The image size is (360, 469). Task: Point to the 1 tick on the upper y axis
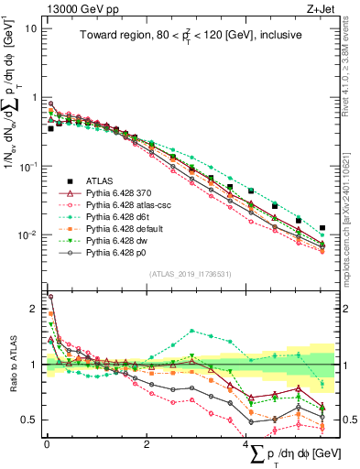point(33,97)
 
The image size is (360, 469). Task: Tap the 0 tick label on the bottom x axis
point(47,443)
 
